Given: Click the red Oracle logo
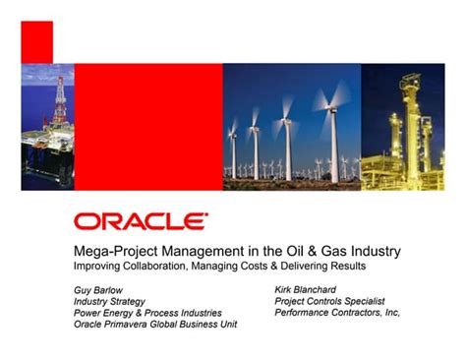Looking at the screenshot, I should point(140,220).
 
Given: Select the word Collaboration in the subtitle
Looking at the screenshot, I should point(147,266).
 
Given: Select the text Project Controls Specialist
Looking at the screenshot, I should point(329,301).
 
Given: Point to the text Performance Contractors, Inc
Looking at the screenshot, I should point(337,313).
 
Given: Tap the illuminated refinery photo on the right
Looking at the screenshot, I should point(403,127).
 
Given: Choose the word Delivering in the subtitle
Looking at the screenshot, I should point(298,266).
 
